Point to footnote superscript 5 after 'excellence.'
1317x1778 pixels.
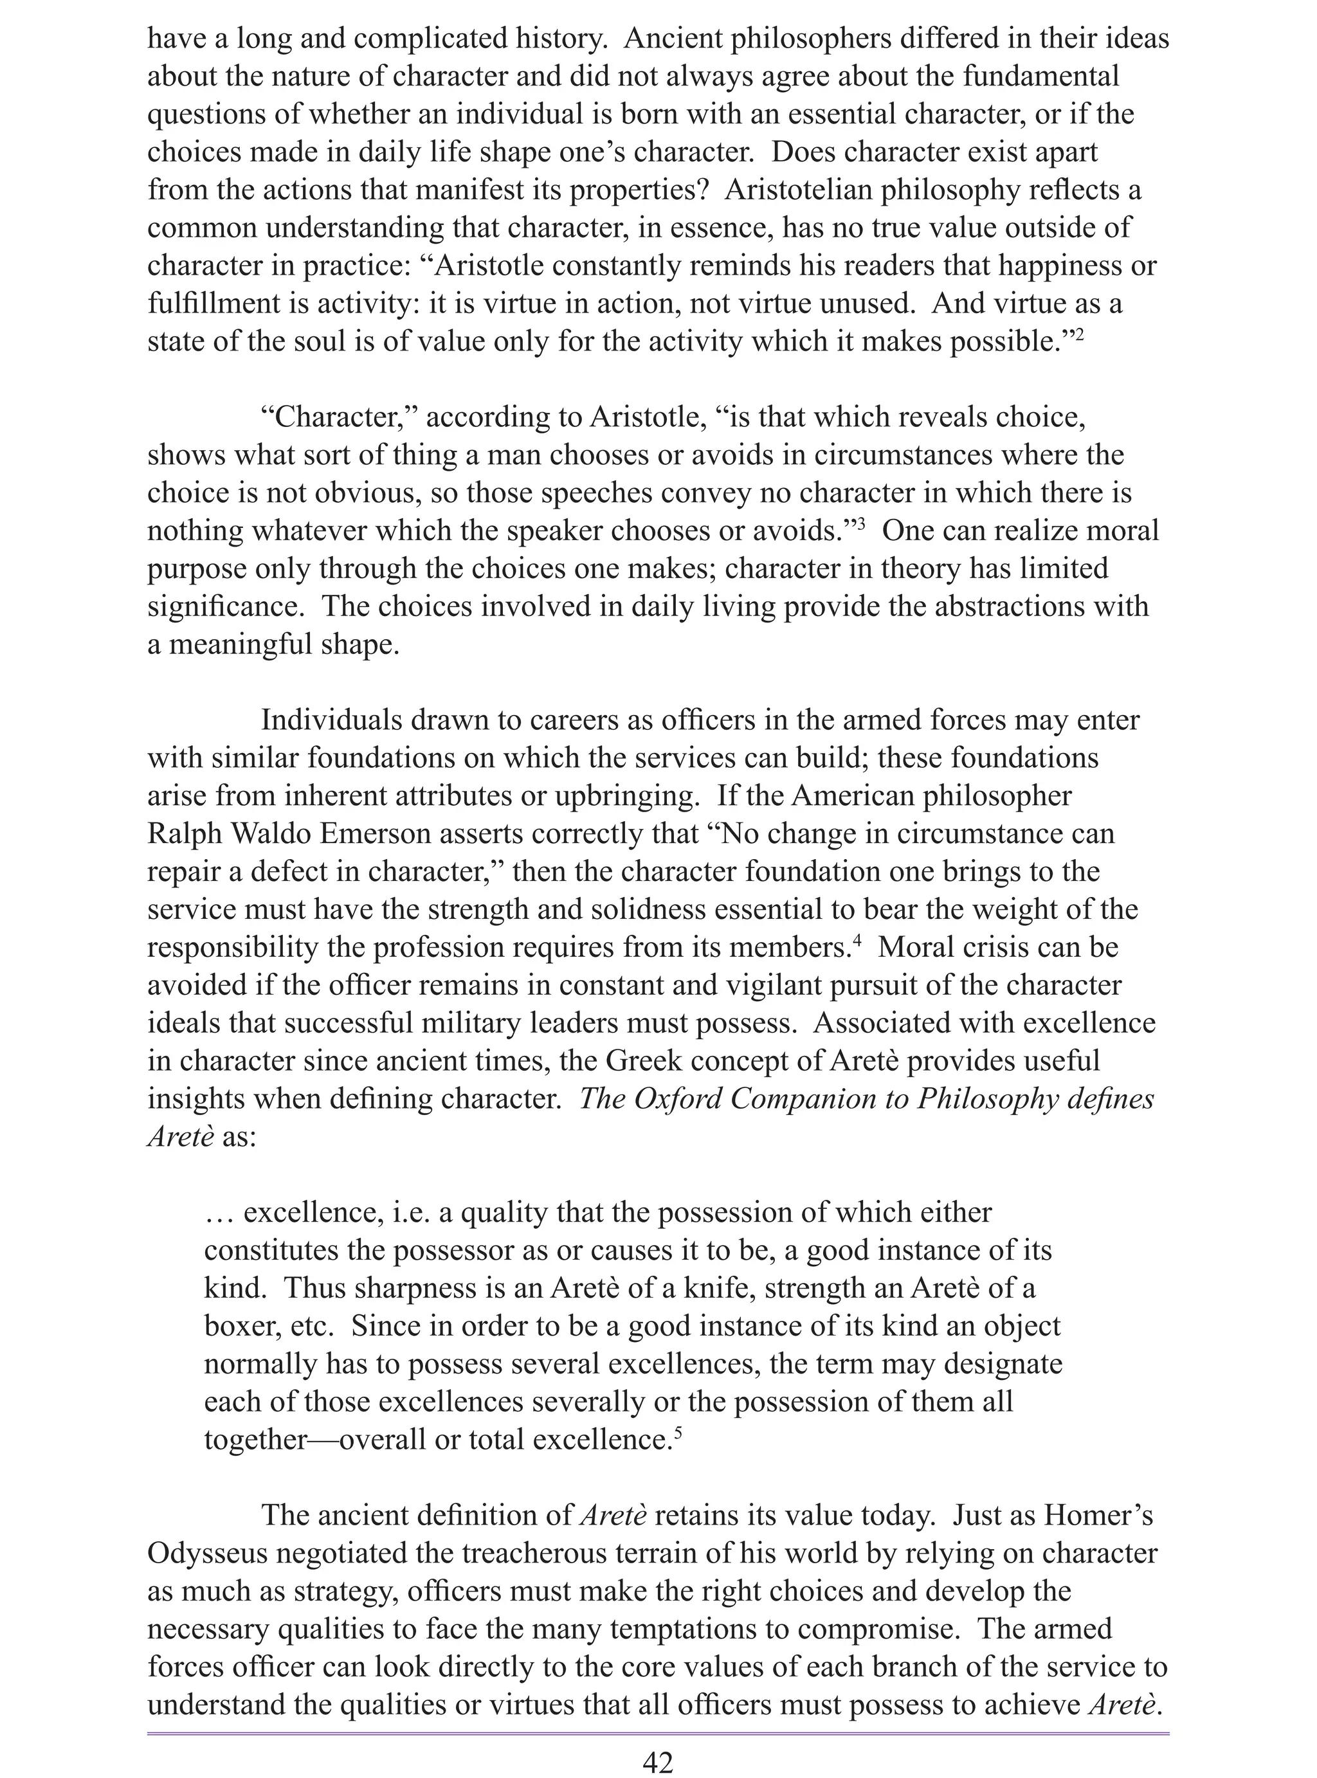coord(678,1432)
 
